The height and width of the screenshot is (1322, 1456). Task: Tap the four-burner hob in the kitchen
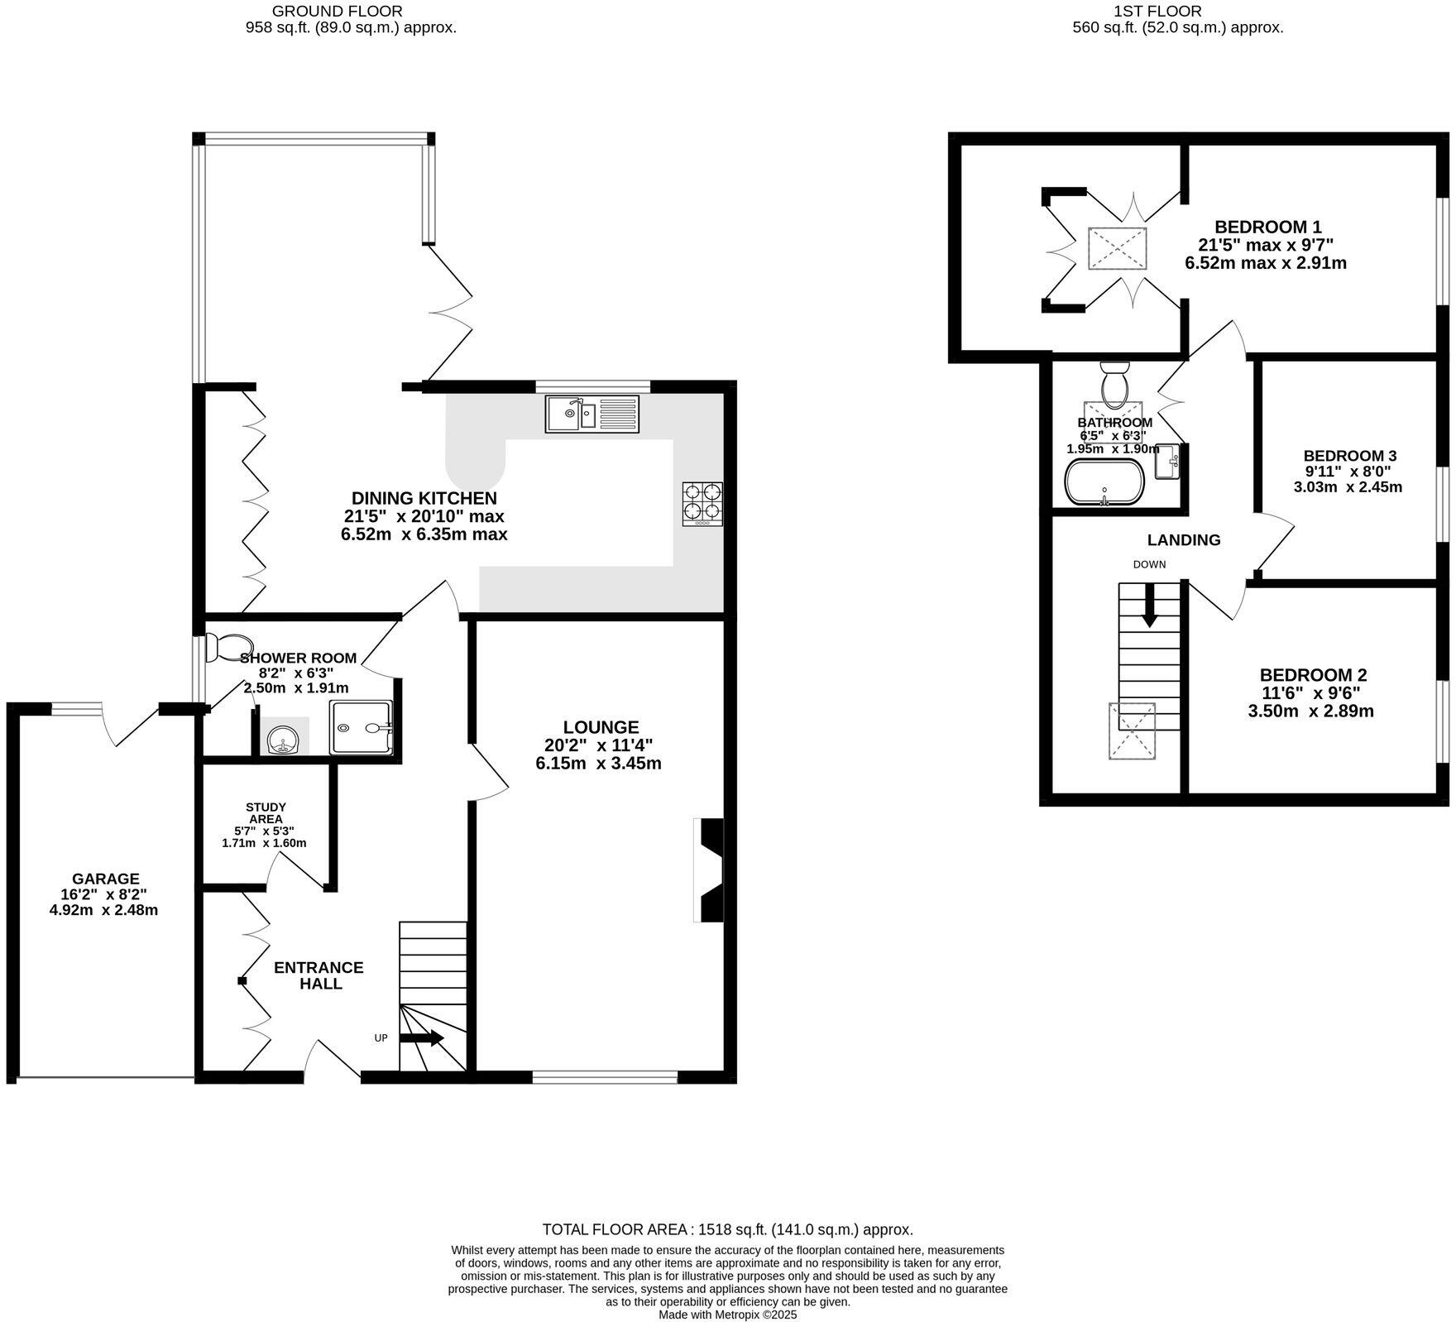(702, 504)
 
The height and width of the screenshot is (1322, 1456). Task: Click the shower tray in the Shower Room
(362, 727)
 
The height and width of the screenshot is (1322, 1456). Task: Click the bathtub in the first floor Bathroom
(1104, 481)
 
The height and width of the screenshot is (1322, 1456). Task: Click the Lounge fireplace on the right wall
(710, 870)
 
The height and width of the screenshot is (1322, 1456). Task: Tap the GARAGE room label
(105, 879)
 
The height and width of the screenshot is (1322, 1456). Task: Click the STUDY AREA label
(266, 813)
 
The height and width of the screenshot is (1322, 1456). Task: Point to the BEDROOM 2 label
(1312, 675)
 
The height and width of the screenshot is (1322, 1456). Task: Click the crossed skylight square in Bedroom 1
(1117, 247)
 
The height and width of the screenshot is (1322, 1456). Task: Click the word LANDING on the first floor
(1183, 540)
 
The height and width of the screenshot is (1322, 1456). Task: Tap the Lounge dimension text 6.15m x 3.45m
(598, 764)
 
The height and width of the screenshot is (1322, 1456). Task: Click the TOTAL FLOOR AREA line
(727, 1229)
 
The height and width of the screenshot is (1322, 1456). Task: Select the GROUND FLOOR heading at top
(337, 11)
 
